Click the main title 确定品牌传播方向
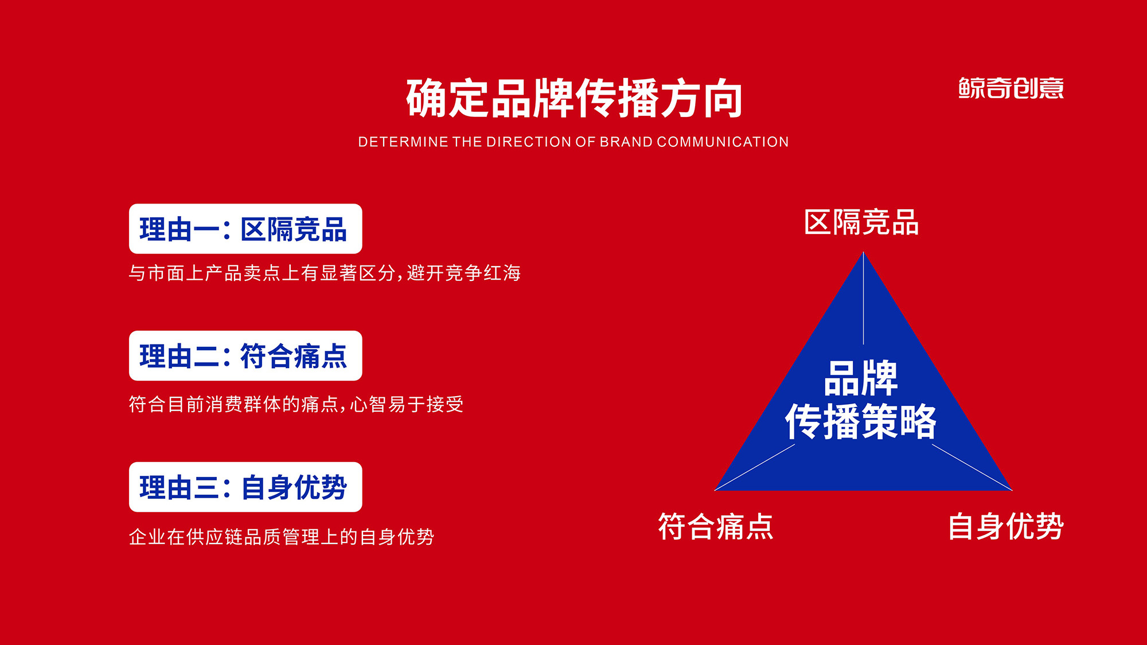573,99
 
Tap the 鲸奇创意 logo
1011,88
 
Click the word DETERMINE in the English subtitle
403,142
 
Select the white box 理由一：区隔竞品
245,229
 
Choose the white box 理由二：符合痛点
245,355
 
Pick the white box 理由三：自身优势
245,487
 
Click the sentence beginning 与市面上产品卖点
325,273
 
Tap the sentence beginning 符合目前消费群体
296,404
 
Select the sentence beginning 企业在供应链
281,537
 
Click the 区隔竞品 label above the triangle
861,222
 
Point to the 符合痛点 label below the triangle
716,526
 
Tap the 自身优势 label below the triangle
1006,526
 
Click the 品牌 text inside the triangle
861,378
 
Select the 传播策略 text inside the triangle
861,421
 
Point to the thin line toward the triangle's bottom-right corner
972,467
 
